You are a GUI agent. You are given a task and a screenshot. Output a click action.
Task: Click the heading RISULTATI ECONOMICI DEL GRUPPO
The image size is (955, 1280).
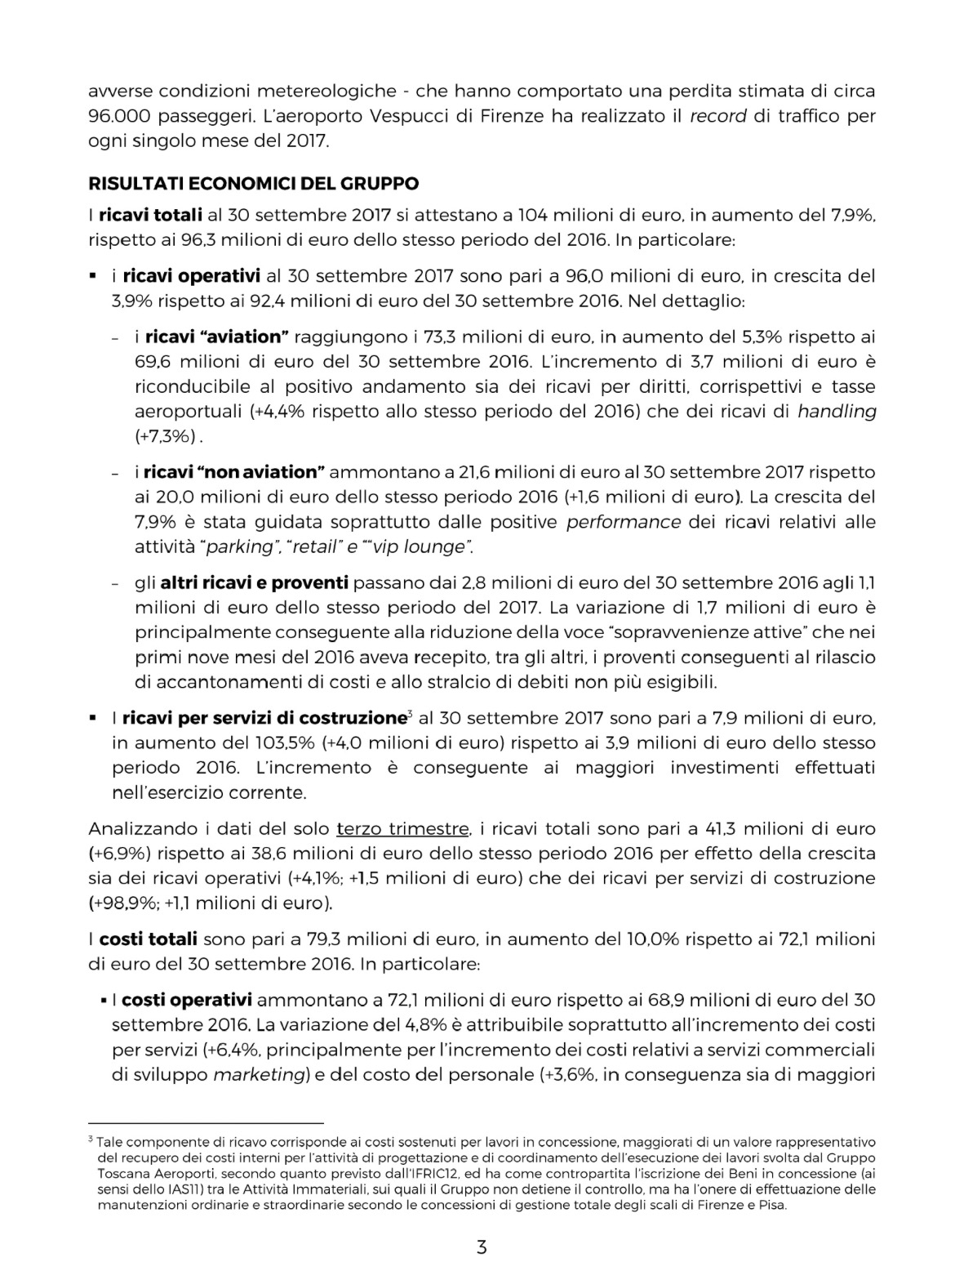(254, 183)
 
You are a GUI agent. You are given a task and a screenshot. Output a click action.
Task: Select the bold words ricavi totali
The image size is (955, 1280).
(150, 216)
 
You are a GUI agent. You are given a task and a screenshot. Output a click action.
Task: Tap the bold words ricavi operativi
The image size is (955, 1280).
(192, 276)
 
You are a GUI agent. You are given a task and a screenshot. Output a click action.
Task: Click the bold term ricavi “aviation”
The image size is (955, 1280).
(218, 337)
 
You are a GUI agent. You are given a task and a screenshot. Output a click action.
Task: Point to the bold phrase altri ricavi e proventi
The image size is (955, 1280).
(255, 583)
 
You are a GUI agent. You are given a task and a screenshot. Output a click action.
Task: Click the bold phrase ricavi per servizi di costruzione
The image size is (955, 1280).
(264, 719)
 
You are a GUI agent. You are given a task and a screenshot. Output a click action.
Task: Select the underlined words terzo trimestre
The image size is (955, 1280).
(403, 829)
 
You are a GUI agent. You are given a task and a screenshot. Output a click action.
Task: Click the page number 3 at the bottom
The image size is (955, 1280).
(482, 1247)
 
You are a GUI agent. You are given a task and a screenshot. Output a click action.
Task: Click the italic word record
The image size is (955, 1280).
(718, 116)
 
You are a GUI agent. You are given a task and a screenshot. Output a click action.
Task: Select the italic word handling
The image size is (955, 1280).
(837, 412)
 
